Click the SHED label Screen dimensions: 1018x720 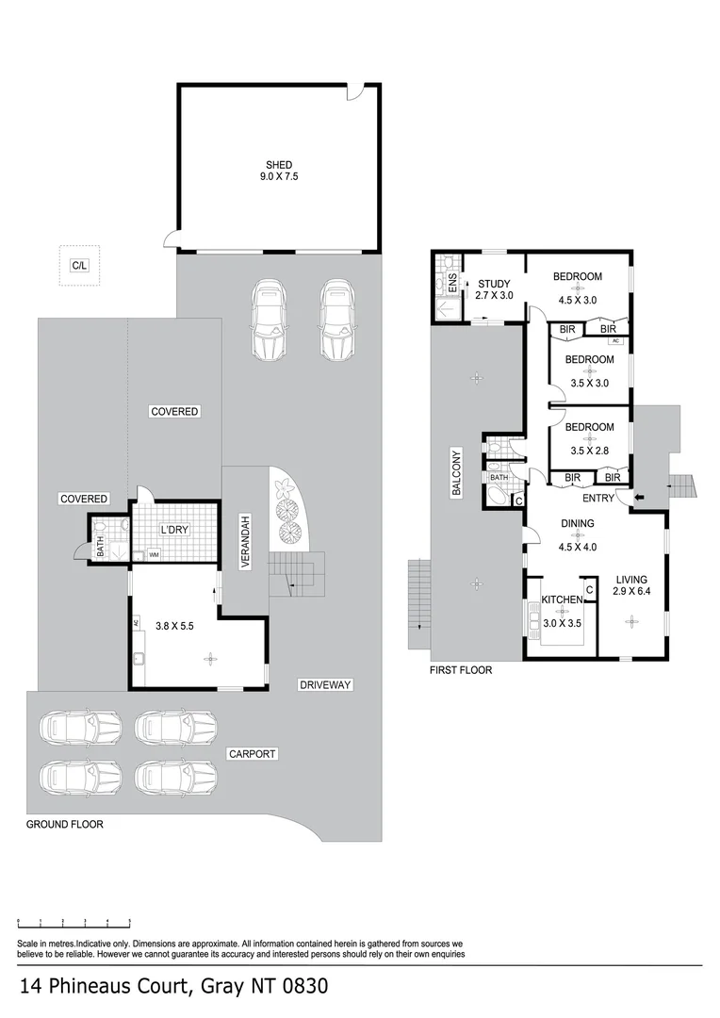click(x=278, y=165)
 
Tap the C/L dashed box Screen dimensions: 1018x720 click(x=79, y=266)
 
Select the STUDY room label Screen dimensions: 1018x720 click(x=495, y=284)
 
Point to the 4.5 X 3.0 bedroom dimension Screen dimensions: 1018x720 click(x=577, y=301)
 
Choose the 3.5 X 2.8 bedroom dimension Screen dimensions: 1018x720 click(x=591, y=451)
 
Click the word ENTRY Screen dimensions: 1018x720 click(x=597, y=498)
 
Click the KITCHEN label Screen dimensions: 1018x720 click(x=563, y=599)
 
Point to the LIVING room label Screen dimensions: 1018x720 click(x=631, y=580)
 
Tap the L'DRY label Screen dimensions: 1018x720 click(x=174, y=530)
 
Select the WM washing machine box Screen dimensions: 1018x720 click(x=153, y=554)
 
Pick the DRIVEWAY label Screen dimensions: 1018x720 click(x=326, y=685)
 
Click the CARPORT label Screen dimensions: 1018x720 click(x=252, y=754)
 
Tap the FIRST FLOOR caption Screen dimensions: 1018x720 click(x=461, y=670)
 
